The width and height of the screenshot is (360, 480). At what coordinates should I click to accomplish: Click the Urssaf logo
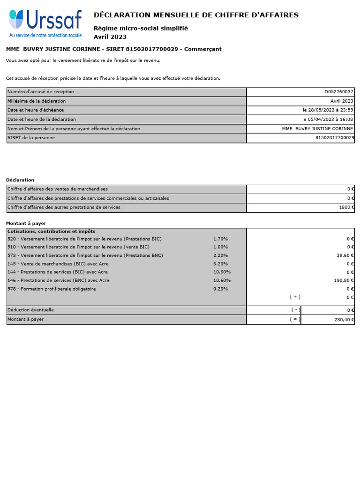point(45,24)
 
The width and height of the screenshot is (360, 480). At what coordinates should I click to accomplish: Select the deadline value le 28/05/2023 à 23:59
point(328,110)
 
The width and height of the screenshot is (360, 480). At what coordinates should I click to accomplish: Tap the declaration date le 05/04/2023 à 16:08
point(328,120)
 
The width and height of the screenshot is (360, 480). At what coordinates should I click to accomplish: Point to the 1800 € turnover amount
point(346,207)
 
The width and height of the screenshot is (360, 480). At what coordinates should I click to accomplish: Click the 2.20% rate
point(220,255)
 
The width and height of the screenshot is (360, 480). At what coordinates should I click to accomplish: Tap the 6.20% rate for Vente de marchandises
point(220,264)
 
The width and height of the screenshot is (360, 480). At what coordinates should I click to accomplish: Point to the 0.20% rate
point(220,289)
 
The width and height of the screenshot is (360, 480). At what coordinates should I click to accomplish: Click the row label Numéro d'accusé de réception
point(41,92)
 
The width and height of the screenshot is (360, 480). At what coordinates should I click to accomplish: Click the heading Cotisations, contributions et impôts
point(52,231)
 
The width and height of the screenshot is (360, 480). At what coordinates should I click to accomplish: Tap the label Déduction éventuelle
point(30,310)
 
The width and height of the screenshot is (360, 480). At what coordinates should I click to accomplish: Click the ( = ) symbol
point(294,319)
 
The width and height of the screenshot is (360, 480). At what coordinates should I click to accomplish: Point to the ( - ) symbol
point(294,310)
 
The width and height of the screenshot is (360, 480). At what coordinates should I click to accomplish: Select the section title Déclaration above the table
point(20,180)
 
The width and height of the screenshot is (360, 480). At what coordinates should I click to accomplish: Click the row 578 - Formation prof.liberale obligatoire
point(52,289)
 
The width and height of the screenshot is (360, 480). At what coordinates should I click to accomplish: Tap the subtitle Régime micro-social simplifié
point(141,28)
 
